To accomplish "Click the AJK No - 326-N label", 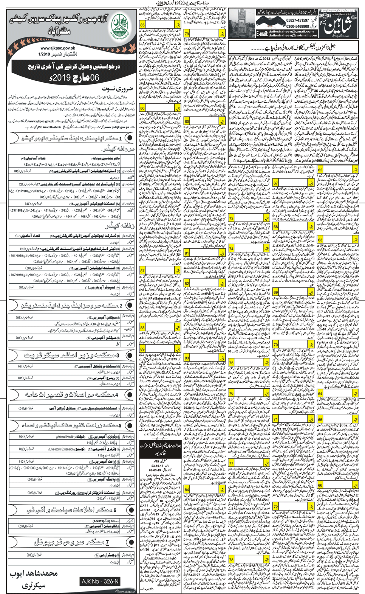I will [x=100, y=582].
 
